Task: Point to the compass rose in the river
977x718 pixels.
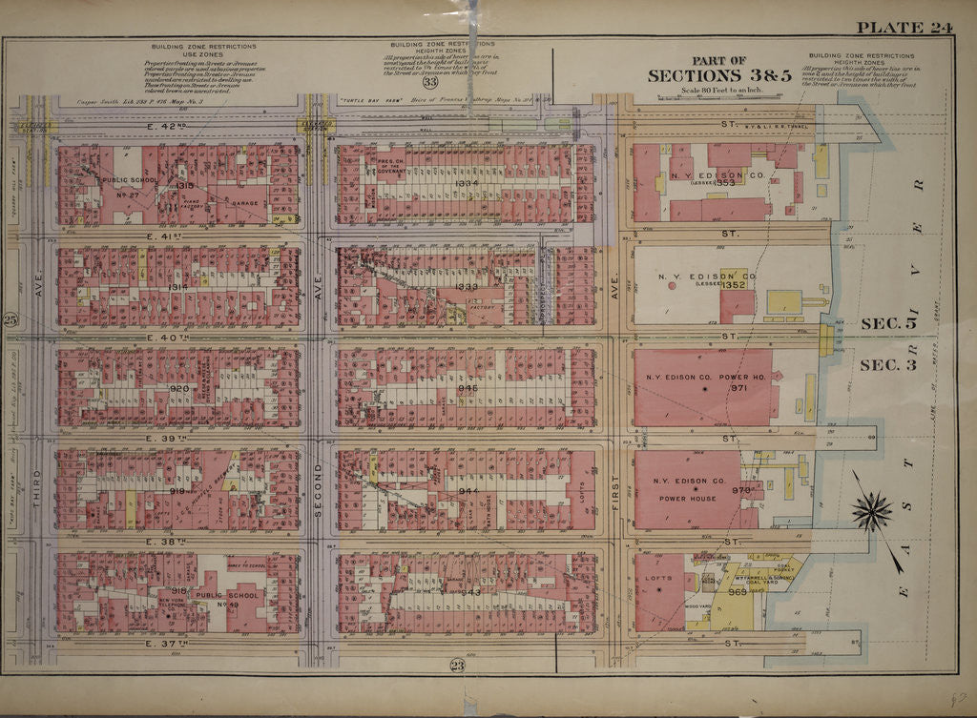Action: click(871, 511)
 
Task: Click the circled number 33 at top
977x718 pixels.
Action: click(430, 83)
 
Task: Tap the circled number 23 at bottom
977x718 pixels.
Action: click(456, 666)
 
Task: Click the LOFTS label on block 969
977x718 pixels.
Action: click(658, 578)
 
